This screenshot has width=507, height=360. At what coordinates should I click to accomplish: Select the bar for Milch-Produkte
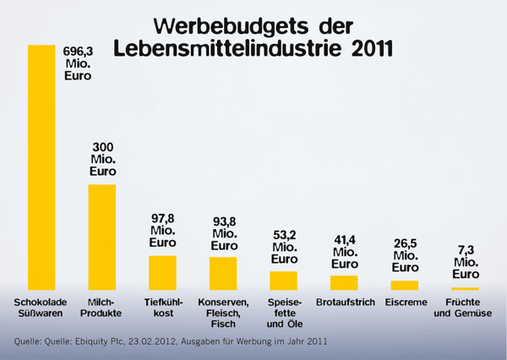tap(102, 237)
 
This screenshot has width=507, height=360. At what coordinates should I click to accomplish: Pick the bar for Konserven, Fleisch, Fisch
tap(223, 273)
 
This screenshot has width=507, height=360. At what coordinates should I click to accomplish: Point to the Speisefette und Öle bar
tap(283, 280)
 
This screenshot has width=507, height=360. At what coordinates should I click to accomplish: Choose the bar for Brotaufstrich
tap(344, 282)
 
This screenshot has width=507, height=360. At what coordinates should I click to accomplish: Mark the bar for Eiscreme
tap(405, 285)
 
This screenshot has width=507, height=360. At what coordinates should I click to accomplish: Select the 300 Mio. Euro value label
tap(103, 160)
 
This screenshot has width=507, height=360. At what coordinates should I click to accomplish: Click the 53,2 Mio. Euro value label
tap(284, 248)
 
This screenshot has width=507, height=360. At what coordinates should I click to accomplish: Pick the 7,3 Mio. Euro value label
tap(466, 262)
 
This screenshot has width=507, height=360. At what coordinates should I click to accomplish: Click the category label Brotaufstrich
tap(345, 303)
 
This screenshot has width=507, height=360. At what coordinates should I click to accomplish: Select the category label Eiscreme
tap(405, 303)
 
